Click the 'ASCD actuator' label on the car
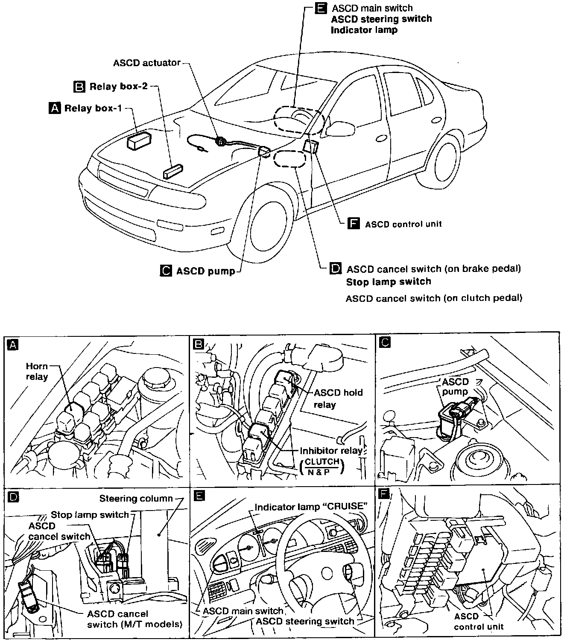(146, 63)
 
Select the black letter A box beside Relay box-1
(55, 108)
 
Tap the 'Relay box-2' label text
(118, 87)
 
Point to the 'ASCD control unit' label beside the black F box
(403, 224)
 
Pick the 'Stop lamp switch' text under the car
(388, 282)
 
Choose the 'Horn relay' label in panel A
(37, 371)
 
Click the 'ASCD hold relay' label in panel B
(338, 398)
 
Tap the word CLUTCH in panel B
(322, 461)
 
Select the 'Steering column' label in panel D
(136, 498)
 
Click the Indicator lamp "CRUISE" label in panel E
(311, 506)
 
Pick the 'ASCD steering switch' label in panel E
(305, 621)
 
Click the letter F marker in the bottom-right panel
(384, 495)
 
